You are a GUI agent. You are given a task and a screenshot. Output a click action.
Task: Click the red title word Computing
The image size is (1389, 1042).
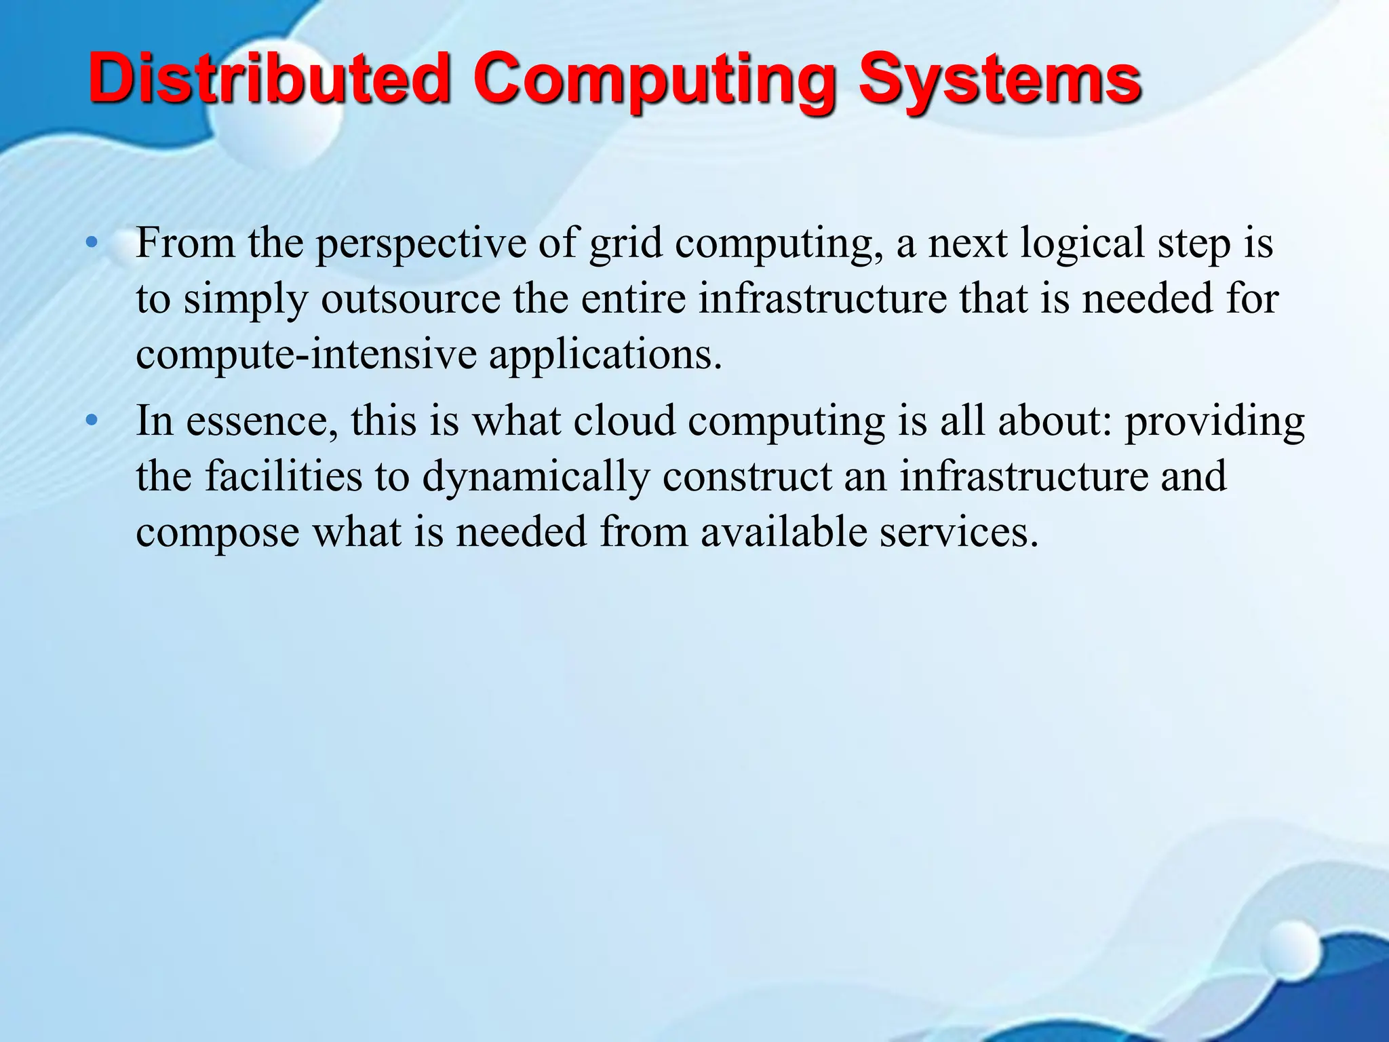(656, 81)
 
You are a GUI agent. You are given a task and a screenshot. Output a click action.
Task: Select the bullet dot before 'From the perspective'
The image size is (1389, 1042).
(92, 242)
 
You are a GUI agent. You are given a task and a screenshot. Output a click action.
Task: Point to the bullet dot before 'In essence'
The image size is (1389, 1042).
(92, 421)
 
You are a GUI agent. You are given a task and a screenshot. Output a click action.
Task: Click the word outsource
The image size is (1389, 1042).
(410, 298)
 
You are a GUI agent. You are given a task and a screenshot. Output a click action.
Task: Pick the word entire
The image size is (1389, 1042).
(633, 298)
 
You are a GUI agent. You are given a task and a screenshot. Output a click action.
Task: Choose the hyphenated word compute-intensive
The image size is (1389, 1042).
(306, 354)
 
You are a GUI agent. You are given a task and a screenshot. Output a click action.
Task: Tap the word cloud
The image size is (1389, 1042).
(625, 421)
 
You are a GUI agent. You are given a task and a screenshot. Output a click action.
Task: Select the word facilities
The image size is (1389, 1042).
(283, 476)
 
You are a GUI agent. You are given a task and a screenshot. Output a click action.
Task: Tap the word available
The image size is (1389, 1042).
(783, 532)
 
